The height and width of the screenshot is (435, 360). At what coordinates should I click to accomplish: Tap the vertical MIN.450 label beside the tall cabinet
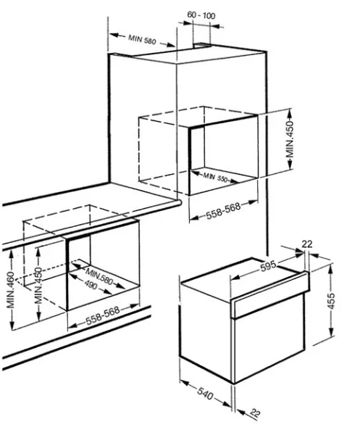point(290,140)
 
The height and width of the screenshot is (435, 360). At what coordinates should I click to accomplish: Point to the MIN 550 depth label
point(217,177)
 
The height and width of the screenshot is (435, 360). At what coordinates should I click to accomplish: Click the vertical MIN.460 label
point(11,298)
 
